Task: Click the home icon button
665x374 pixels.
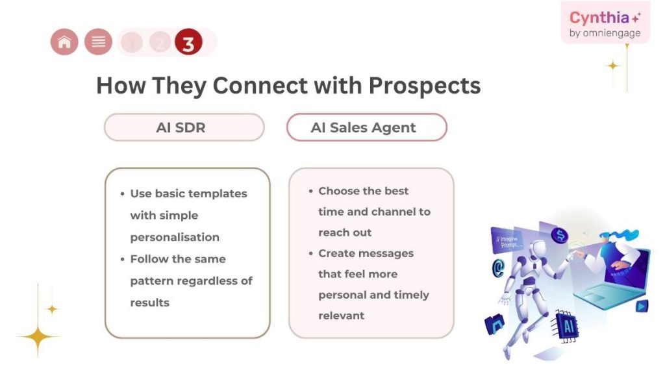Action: point(64,43)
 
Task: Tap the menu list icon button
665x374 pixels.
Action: point(98,43)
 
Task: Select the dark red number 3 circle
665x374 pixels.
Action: point(188,44)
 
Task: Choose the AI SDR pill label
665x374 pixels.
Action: point(184,127)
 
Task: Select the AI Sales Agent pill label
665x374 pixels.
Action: point(366,127)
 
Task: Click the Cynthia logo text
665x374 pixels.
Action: point(599,18)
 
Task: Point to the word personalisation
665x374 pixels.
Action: point(175,237)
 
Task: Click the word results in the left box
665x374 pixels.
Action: point(149,303)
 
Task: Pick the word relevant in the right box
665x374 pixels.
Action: point(341,316)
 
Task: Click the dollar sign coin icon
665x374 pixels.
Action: point(558,235)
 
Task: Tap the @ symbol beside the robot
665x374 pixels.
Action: point(499,267)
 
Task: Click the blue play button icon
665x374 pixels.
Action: point(642,306)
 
